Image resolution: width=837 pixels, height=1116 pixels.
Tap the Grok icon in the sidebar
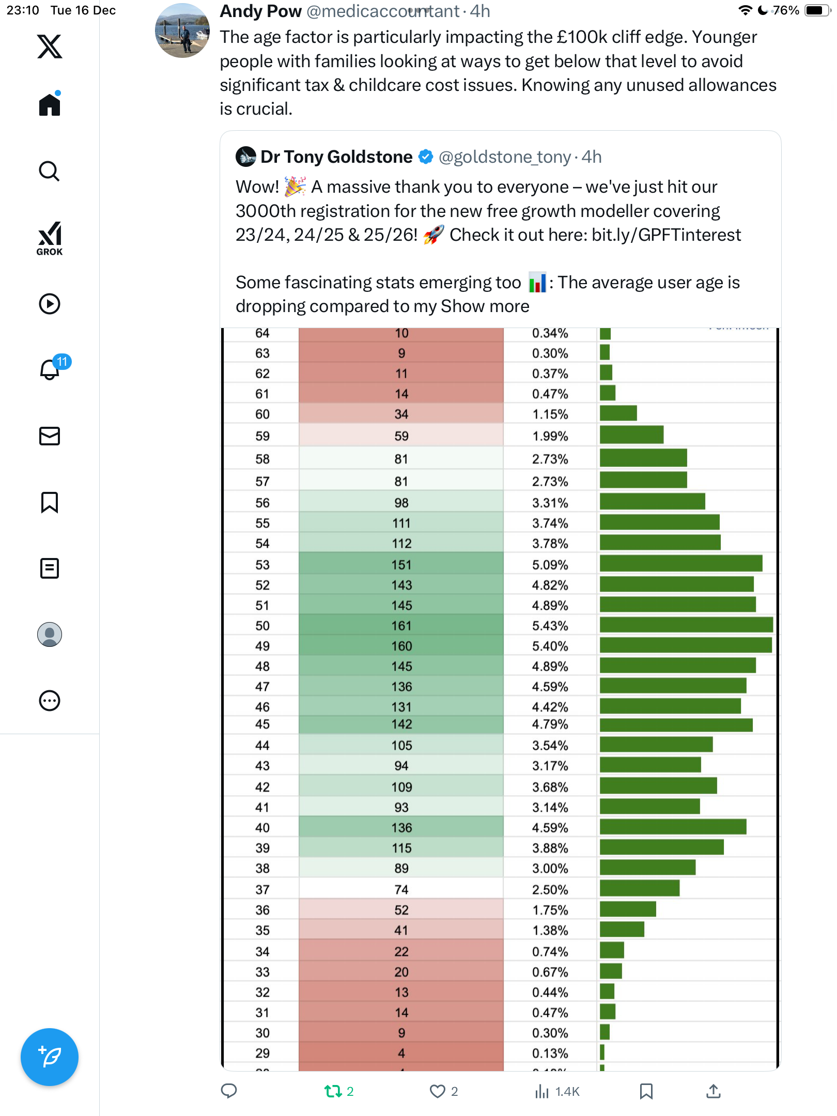[x=50, y=238]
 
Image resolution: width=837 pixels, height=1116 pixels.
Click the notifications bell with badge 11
[x=50, y=369]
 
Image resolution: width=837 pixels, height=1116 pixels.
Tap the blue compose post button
[x=50, y=1057]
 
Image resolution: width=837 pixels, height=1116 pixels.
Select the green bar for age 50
[x=686, y=625]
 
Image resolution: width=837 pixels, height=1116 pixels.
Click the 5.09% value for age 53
[x=550, y=565]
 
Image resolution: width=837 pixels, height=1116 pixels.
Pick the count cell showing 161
[x=401, y=626]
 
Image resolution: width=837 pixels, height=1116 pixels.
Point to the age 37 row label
[x=262, y=890]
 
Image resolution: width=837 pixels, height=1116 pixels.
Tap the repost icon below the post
[x=333, y=1091]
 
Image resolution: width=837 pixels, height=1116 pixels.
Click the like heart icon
[x=437, y=1091]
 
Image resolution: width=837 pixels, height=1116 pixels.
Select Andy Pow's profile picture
[x=182, y=30]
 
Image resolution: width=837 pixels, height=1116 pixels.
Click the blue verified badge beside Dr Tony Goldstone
[x=426, y=157]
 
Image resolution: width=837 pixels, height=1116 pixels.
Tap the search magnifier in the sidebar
[x=50, y=171]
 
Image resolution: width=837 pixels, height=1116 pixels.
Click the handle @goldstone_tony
[x=504, y=157]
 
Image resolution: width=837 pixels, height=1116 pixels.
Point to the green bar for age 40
[x=673, y=827]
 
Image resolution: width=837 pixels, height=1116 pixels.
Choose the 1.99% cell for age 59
[x=550, y=436]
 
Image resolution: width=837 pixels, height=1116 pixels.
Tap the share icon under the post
[x=713, y=1091]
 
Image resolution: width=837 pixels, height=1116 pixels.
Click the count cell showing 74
[x=401, y=890]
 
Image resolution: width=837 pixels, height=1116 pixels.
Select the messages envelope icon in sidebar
[x=50, y=436]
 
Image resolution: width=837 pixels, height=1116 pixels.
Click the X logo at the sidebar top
[x=50, y=47]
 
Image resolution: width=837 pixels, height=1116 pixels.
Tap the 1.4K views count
[x=567, y=1091]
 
